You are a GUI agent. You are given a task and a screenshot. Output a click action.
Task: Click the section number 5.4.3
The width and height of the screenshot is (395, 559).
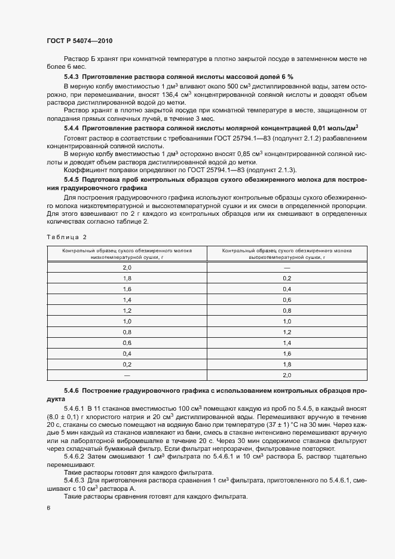click(72, 77)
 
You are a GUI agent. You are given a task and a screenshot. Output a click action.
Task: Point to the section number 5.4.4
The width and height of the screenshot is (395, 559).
click(72, 128)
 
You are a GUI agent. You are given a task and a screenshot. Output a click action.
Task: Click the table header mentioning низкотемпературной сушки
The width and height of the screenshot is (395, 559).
click(127, 253)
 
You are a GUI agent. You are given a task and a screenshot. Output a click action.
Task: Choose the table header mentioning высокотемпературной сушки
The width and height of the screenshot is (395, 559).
click(287, 253)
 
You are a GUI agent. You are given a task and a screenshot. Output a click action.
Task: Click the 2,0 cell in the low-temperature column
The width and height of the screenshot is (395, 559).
click(127, 268)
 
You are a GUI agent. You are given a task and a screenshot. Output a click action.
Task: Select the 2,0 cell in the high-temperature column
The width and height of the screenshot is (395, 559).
click(287, 375)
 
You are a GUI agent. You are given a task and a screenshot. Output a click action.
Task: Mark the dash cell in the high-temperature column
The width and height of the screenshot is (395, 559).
click(287, 268)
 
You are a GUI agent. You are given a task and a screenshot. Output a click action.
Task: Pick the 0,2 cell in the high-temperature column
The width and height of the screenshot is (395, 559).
click(287, 279)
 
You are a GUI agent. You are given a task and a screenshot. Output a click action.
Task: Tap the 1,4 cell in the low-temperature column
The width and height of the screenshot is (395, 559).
click(127, 300)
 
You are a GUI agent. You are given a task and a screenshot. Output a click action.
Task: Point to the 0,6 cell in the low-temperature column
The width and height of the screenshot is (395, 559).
click(127, 343)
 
